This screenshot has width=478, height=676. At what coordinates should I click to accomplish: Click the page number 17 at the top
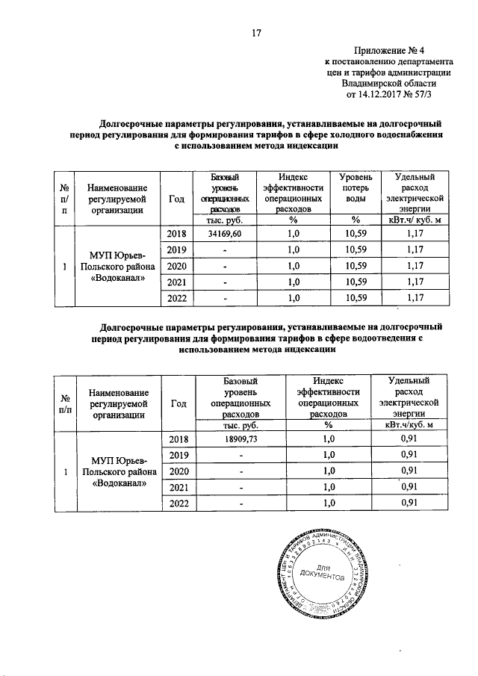coord(255,32)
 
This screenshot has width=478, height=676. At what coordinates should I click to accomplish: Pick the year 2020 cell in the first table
coord(176,266)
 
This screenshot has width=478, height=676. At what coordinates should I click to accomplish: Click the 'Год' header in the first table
coord(176,199)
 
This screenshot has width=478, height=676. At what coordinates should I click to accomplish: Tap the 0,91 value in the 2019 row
coord(408,454)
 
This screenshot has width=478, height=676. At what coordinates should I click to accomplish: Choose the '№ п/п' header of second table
coord(65,404)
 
